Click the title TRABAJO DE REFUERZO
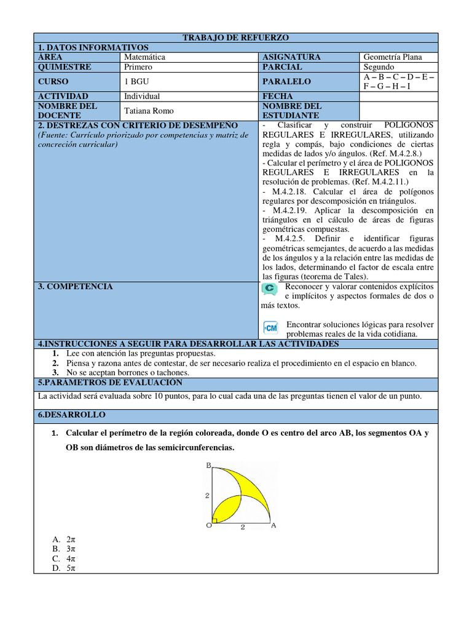tap(236, 38)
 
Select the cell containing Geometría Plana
tap(393, 57)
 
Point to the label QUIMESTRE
tap(65, 67)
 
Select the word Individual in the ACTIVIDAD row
tap(142, 96)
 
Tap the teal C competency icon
tap(269, 289)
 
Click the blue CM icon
tap(270, 326)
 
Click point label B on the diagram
tap(208, 466)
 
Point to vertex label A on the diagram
tap(273, 525)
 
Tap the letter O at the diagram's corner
tap(208, 525)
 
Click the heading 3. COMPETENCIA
tap(76, 287)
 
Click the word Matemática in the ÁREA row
tap(144, 57)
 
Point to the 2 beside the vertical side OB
tap(207, 496)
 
